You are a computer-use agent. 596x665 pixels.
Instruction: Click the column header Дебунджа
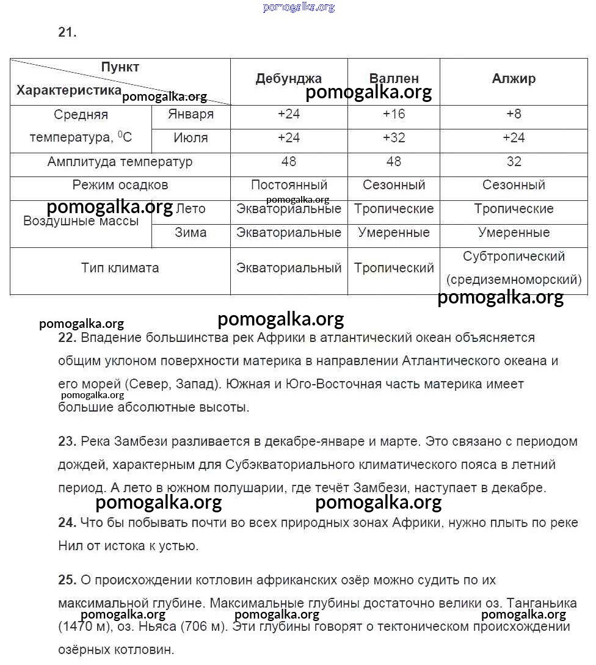[288, 79]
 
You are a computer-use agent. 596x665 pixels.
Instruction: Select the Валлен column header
[394, 79]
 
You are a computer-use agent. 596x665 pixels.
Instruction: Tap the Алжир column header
[514, 79]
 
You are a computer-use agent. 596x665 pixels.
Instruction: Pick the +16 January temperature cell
[394, 114]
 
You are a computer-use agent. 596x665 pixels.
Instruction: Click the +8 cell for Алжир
[514, 114]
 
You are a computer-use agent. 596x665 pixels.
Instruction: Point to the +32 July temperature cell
[394, 138]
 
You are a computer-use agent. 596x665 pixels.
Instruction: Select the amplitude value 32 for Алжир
[514, 162]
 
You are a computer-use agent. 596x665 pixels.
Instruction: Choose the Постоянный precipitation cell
[289, 185]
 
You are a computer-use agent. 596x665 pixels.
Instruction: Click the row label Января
[191, 114]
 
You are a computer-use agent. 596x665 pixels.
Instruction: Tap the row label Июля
[191, 138]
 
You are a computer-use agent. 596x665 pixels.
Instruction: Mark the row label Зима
[191, 233]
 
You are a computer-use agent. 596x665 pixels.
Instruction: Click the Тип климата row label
[120, 268]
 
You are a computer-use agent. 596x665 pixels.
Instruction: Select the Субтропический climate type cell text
[514, 256]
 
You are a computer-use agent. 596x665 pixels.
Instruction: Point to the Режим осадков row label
[120, 185]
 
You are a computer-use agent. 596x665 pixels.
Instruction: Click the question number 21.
[67, 33]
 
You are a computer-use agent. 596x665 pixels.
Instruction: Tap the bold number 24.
[67, 523]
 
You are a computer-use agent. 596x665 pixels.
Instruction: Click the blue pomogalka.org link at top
[299, 7]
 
